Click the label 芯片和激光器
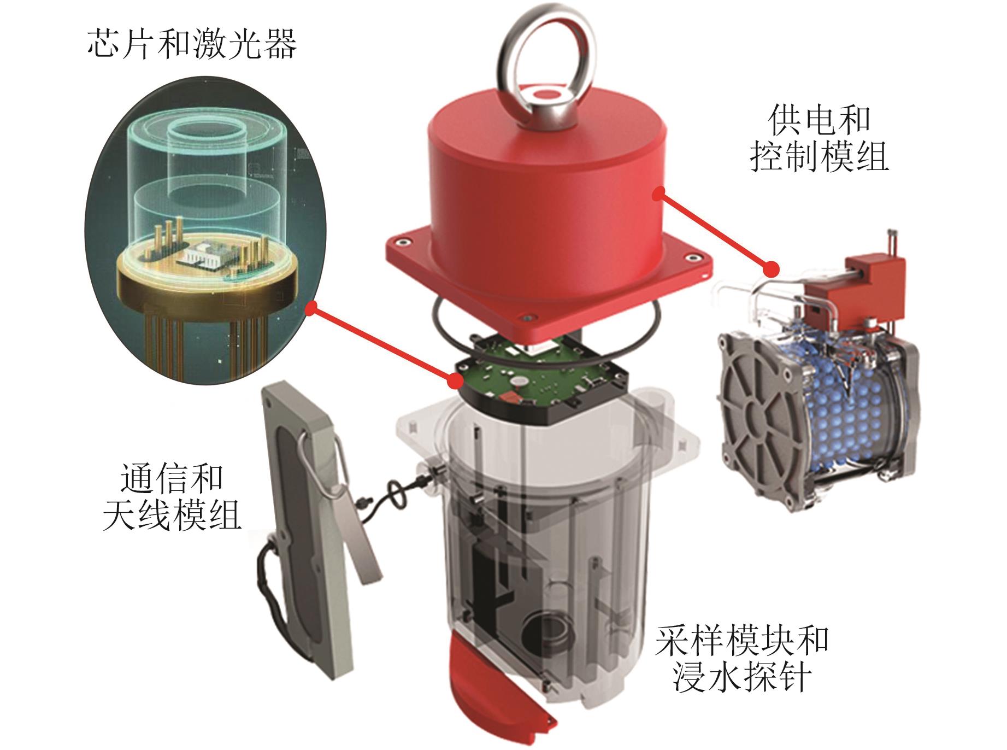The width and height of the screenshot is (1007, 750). coord(192,44)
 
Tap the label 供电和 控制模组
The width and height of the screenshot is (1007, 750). coord(818,139)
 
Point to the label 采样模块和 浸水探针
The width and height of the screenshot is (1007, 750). coord(742,659)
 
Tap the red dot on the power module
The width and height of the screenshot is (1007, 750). coord(772,269)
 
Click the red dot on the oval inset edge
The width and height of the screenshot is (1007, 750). coord(312,309)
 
